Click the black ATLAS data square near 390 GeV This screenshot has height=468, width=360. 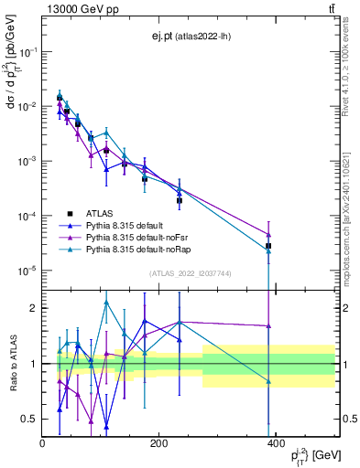coord(268,246)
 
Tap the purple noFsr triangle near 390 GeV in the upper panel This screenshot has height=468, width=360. coord(268,235)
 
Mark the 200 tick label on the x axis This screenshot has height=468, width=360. coord(158,445)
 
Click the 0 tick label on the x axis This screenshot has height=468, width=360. coord(43,445)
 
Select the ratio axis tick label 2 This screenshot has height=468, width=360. coord(34,308)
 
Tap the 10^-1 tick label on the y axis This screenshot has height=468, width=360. coord(29,52)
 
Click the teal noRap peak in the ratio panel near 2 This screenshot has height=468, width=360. coord(106,302)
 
